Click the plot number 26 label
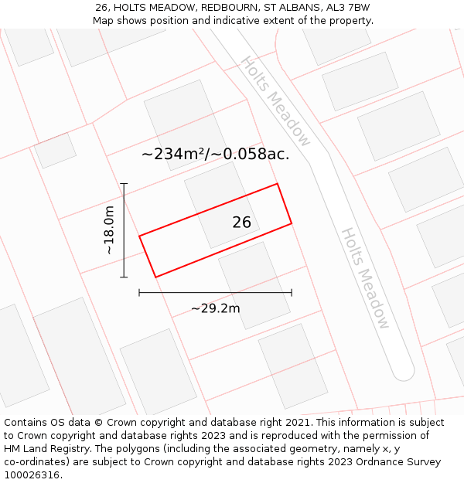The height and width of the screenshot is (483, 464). [x=242, y=223]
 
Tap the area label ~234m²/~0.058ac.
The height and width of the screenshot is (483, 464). [x=215, y=154]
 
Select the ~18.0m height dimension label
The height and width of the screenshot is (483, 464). [x=109, y=230]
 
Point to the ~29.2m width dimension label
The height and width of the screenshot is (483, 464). [x=215, y=308]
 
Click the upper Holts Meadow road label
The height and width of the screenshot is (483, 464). [x=276, y=101]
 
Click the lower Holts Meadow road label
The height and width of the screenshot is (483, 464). [x=365, y=278]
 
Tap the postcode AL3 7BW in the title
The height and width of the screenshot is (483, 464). [x=349, y=8]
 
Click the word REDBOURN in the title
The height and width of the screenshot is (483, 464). [x=231, y=8]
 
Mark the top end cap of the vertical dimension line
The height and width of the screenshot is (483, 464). [x=124, y=184]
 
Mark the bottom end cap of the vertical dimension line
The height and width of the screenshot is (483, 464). [x=124, y=277]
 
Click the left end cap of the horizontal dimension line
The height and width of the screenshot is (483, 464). [x=139, y=292]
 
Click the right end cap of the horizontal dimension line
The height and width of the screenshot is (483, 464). [x=292, y=292]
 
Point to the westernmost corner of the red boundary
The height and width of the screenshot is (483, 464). [x=140, y=236]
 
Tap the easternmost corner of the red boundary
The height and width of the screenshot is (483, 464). [x=292, y=224]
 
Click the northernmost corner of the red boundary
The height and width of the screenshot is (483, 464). [x=277, y=184]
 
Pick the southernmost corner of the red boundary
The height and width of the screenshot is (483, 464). [x=156, y=277]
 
